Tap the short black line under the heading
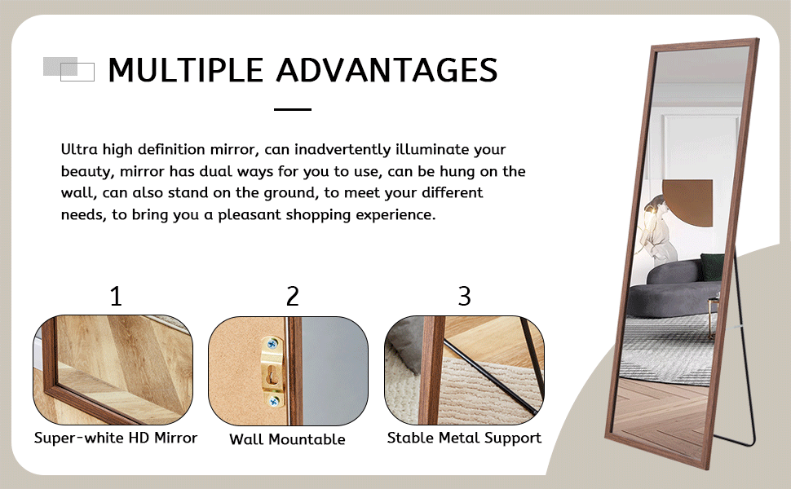(x=293, y=109)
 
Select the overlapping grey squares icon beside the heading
(x=68, y=69)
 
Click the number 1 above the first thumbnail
(x=116, y=296)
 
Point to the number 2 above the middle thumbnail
(x=293, y=296)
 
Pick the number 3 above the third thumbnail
(x=464, y=296)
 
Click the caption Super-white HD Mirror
(x=116, y=438)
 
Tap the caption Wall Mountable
(x=287, y=439)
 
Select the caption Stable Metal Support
(x=464, y=438)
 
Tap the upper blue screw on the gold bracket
(x=272, y=345)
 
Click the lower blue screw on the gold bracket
(x=273, y=401)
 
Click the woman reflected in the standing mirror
(x=656, y=229)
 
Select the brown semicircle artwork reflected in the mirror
(x=687, y=202)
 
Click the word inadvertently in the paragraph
(x=342, y=150)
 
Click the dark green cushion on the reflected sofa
(x=712, y=267)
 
